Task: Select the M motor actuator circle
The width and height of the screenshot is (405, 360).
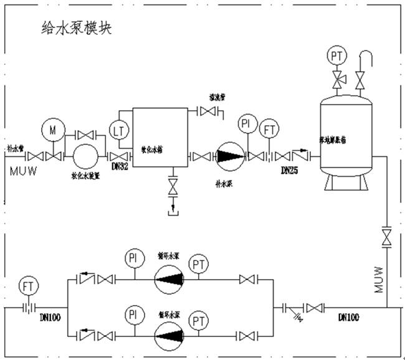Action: (x=52, y=130)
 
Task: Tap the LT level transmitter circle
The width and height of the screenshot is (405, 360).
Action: (x=119, y=130)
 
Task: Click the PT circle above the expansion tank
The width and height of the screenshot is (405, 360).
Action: (x=337, y=57)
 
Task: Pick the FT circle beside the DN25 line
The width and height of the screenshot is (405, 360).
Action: (x=269, y=130)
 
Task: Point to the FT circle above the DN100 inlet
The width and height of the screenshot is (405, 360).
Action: (x=27, y=286)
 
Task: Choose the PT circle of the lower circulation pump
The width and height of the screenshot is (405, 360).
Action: (x=199, y=321)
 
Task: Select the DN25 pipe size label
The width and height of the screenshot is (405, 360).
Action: (x=290, y=169)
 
